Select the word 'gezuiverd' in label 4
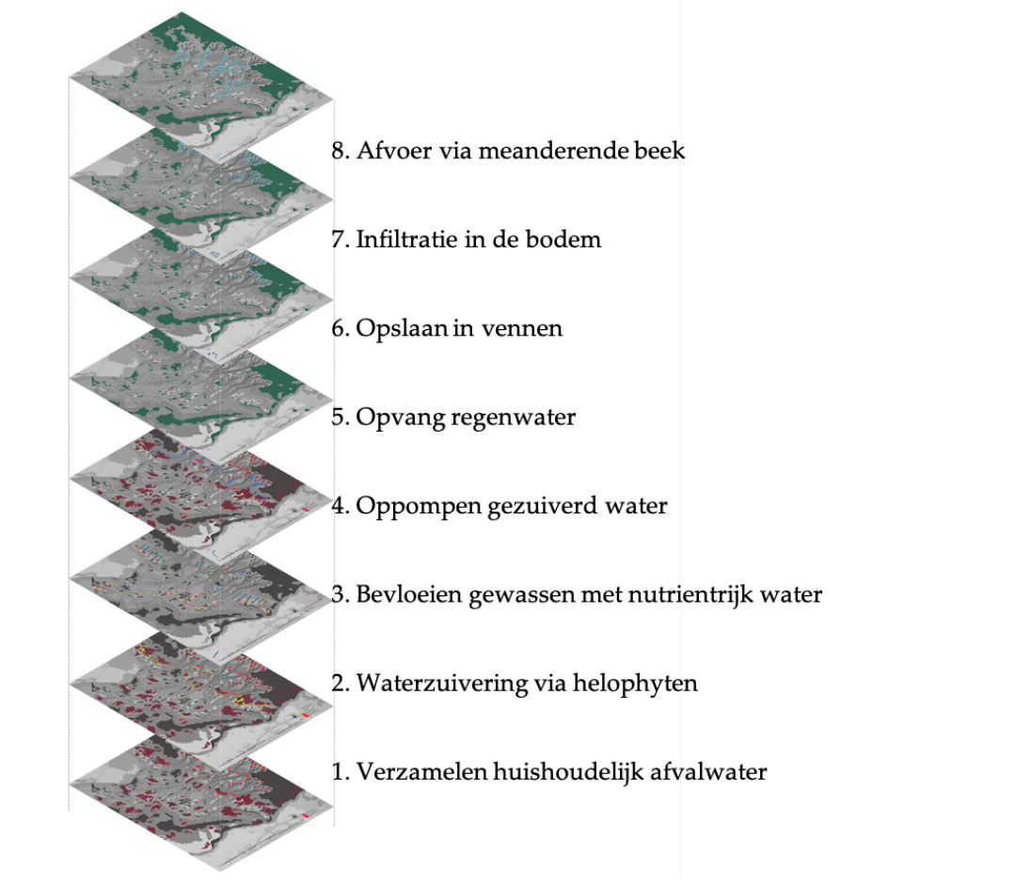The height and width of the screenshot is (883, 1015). (535, 507)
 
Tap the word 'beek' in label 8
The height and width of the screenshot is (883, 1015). (662, 150)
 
